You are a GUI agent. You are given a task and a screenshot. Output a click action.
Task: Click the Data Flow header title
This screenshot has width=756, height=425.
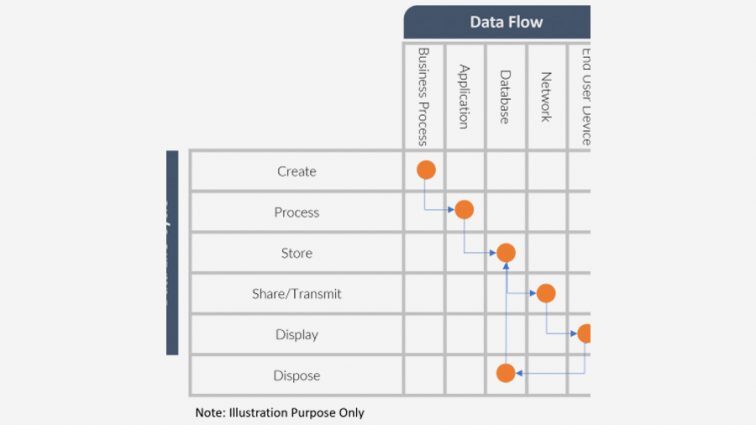[506, 22]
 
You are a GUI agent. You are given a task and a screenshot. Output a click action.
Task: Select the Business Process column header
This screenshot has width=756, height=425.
[423, 96]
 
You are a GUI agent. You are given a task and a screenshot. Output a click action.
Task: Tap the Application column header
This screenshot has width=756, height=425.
[464, 96]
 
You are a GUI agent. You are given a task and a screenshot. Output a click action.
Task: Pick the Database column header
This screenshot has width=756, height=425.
[505, 96]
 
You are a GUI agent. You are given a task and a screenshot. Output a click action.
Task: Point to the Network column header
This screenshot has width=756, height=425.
[546, 96]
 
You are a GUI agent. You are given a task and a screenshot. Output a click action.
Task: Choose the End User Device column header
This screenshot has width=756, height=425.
[584, 96]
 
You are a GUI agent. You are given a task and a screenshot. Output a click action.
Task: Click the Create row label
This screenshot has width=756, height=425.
[296, 171]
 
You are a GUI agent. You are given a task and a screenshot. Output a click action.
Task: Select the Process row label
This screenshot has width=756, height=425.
[296, 212]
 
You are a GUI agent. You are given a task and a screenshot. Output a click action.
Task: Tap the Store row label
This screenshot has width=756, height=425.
[296, 253]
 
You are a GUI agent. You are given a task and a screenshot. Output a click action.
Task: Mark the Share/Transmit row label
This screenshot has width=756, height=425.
[296, 294]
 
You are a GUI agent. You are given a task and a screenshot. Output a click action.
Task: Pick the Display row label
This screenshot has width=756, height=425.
[296, 335]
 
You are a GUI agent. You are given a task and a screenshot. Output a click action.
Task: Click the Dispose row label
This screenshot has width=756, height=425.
[296, 376]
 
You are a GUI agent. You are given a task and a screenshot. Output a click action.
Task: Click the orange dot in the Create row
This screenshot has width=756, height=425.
[426, 170]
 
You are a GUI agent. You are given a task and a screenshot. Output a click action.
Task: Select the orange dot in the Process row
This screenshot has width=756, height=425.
[464, 210]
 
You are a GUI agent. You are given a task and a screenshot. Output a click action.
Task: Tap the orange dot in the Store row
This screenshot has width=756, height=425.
[506, 253]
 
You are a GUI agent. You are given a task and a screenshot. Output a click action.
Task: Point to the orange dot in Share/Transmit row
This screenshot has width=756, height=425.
[545, 293]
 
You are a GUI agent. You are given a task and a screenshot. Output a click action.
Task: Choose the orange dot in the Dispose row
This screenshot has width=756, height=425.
[506, 373]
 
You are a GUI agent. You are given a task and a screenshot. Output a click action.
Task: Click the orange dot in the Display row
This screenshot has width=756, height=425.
[584, 333]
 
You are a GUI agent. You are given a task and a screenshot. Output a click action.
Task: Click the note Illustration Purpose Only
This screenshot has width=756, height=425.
[279, 412]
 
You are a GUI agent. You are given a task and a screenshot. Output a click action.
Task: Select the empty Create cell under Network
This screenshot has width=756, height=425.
[547, 171]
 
